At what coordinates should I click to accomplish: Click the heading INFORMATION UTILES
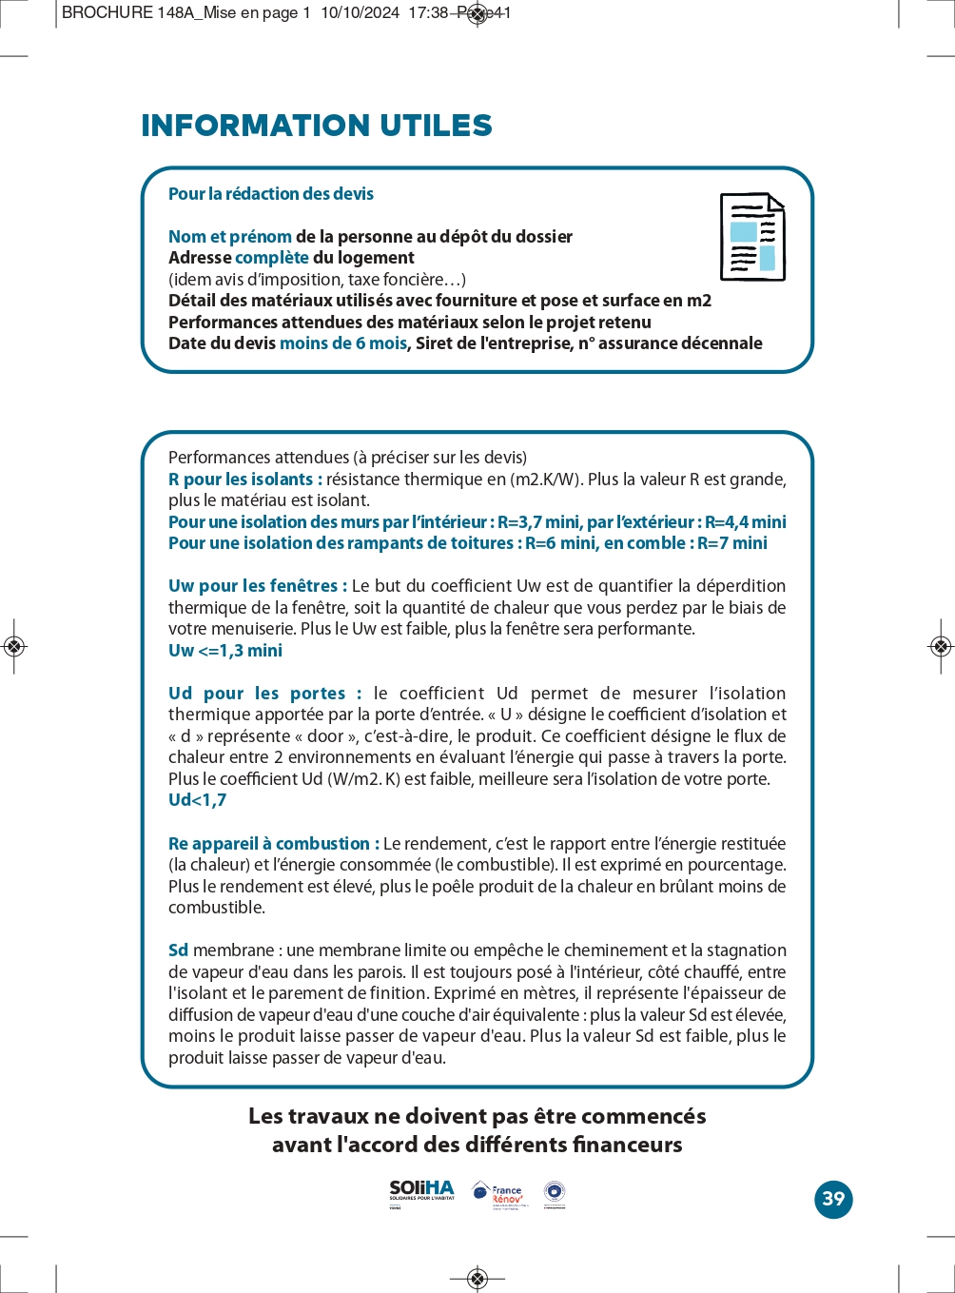[317, 126]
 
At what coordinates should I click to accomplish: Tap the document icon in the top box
[752, 238]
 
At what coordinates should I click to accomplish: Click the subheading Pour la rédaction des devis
[271, 194]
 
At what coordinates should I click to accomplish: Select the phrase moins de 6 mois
[343, 343]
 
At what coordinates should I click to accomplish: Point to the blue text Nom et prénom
[230, 237]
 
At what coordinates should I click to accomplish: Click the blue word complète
[272, 258]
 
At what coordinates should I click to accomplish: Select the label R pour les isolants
[244, 480]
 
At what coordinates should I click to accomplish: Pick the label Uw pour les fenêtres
[257, 586]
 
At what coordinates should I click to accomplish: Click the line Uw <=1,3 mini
[225, 651]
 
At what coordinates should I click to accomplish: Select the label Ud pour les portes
[264, 694]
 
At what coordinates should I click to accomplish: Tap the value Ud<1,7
[198, 800]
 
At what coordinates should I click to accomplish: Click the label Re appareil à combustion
[273, 844]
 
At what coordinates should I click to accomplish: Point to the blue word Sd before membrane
[178, 950]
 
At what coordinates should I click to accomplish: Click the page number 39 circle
[833, 1199]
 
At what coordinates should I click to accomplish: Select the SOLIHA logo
[421, 1192]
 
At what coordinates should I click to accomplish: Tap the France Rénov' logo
[499, 1194]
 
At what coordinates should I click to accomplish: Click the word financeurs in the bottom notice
[628, 1145]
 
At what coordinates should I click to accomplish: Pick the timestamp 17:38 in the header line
[428, 13]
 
